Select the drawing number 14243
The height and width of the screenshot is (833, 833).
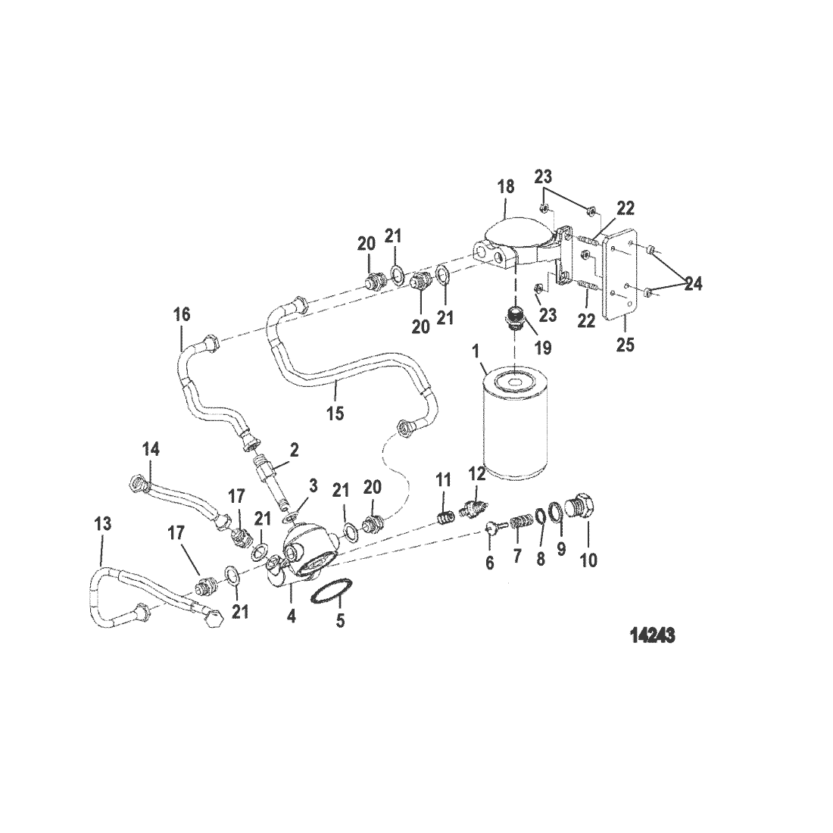click(652, 635)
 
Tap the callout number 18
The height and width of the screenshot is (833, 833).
click(506, 186)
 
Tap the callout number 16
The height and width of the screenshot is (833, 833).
click(182, 314)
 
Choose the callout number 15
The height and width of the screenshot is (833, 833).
click(335, 413)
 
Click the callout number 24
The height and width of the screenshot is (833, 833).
click(692, 283)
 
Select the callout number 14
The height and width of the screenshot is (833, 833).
click(151, 449)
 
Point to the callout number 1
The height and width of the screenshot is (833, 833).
click(475, 351)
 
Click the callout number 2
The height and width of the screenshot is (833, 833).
click(294, 450)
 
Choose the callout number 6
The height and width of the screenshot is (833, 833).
click(489, 563)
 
